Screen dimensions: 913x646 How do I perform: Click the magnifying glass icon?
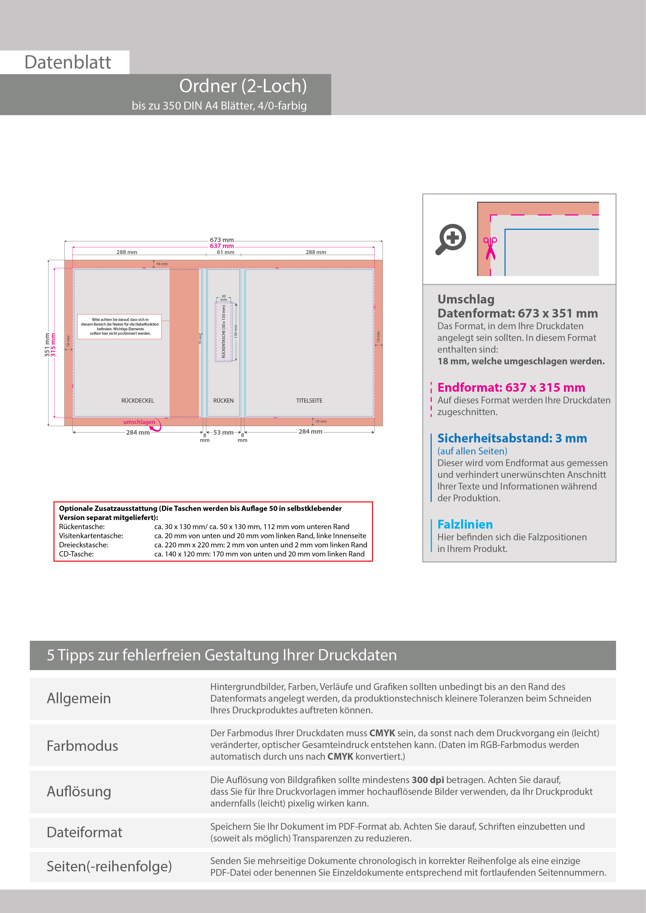click(x=451, y=239)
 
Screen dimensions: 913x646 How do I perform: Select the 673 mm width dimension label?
click(x=222, y=240)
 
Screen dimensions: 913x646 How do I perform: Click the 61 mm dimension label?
click(x=225, y=252)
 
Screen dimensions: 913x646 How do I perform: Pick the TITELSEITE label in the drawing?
click(x=309, y=401)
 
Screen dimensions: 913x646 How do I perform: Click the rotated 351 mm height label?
click(x=47, y=345)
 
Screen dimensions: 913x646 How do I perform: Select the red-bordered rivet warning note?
click(x=119, y=326)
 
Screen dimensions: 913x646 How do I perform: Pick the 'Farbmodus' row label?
click(x=82, y=746)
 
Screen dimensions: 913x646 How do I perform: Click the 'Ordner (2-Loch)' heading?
click(x=243, y=86)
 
